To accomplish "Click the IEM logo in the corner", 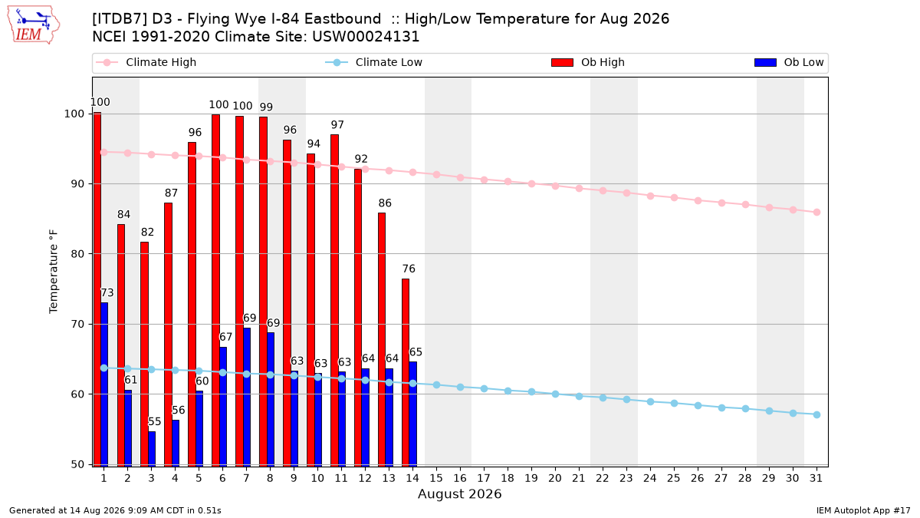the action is [34, 25].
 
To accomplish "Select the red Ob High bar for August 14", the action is [406, 372].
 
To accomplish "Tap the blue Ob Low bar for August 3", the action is [152, 448].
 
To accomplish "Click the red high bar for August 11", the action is [334, 300].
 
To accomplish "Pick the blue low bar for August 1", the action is [104, 384].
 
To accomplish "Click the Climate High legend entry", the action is [146, 62].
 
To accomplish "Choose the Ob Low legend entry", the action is [789, 62].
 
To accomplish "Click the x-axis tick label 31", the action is [816, 478].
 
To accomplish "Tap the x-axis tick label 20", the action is [555, 478].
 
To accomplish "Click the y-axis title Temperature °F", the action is [54, 272].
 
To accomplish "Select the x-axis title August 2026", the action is [459, 493].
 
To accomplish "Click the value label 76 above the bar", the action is [409, 269].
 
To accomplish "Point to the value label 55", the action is [154, 422].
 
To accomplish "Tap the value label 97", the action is [337, 124].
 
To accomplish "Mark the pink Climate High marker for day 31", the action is [816, 212].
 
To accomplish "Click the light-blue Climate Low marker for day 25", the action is [674, 404].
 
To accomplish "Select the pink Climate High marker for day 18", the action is [508, 181].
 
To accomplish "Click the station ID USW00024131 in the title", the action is [366, 37].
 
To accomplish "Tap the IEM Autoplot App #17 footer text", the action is [863, 510].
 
